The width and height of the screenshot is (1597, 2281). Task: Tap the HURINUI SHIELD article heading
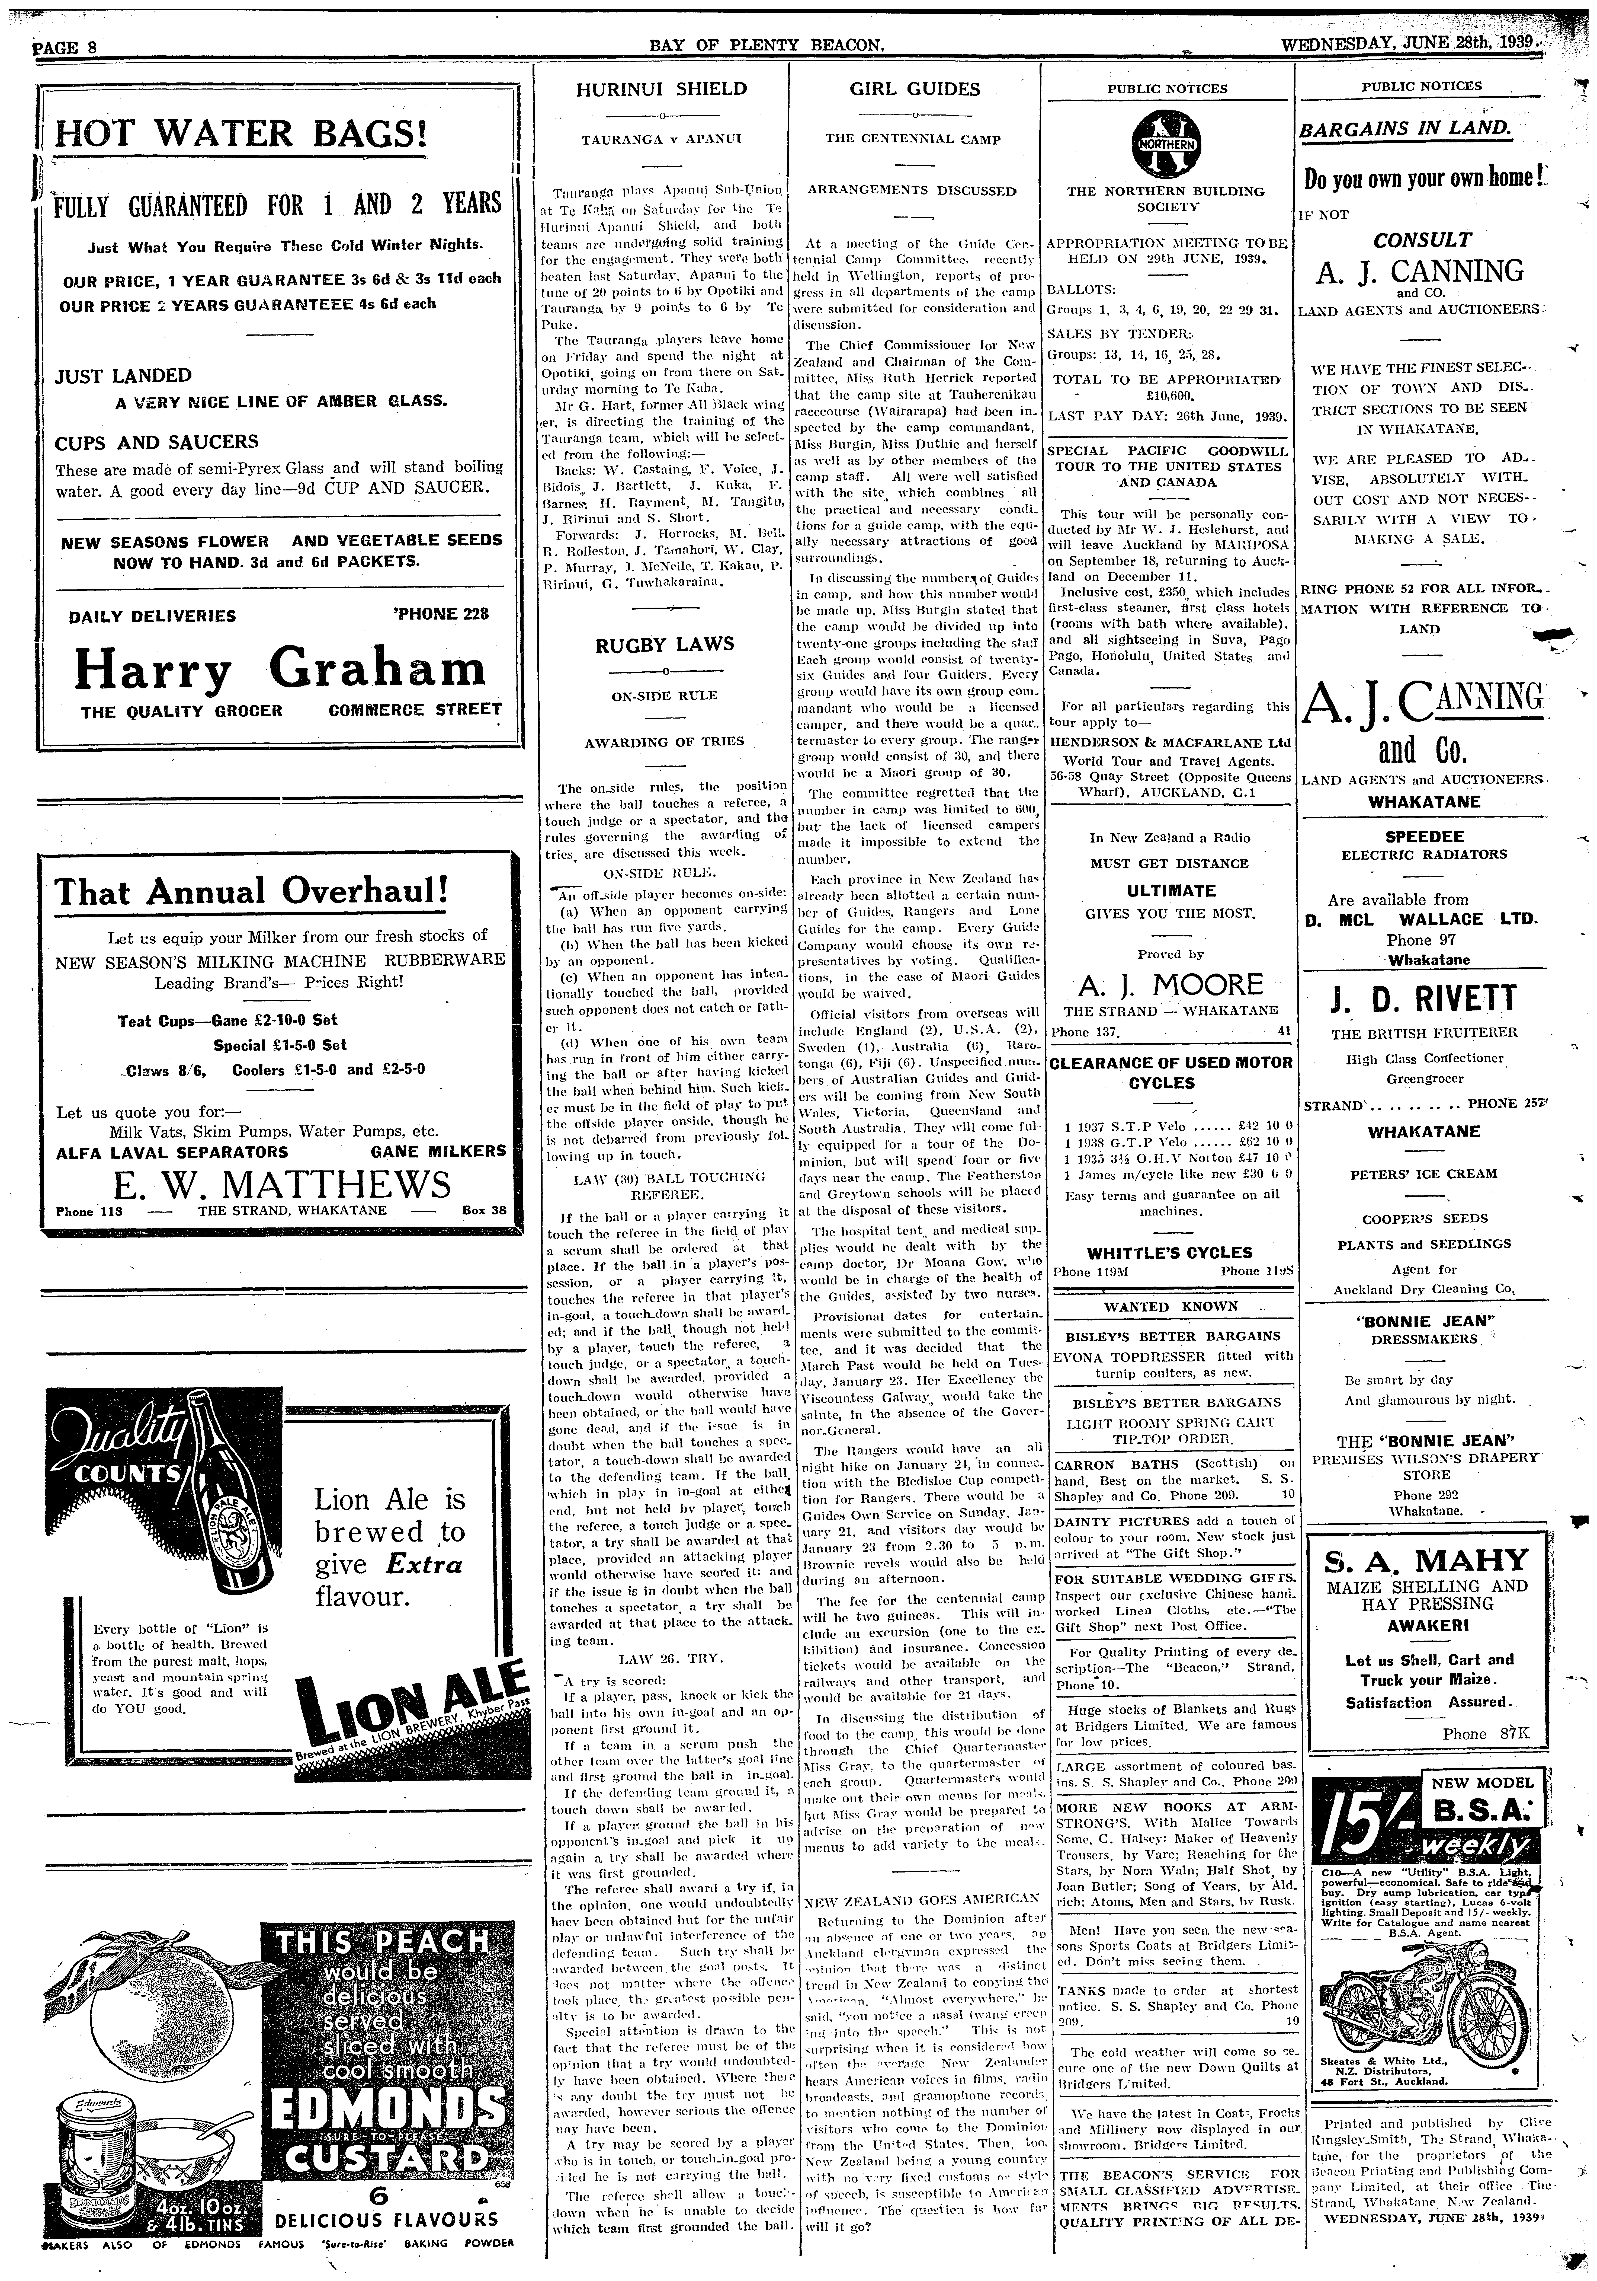[x=662, y=88]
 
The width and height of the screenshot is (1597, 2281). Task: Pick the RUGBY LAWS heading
[x=665, y=644]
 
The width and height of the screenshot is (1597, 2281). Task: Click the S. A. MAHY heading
[x=1424, y=1559]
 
